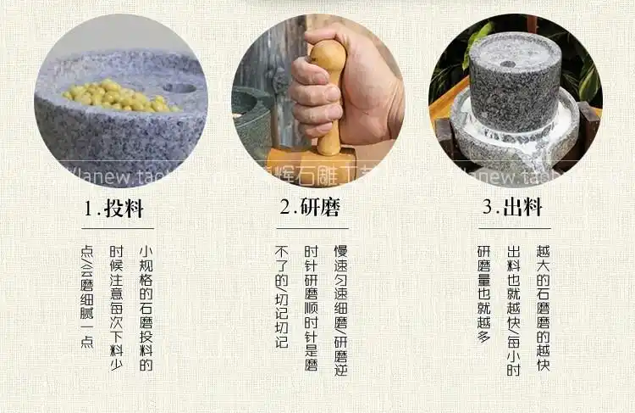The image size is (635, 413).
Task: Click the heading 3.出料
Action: [x=513, y=209]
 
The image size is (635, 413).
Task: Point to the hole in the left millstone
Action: [x=179, y=87]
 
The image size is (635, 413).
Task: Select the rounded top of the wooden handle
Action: [x=328, y=53]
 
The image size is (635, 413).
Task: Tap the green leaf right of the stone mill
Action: [x=588, y=81]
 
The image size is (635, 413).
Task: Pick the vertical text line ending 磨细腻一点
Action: [x=86, y=297]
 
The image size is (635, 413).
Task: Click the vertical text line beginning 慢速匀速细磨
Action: [x=340, y=310]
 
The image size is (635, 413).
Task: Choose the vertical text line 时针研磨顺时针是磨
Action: [x=312, y=310]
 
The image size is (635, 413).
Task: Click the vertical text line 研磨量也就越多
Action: [x=483, y=293]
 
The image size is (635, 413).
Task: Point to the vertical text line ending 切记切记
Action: [x=282, y=297]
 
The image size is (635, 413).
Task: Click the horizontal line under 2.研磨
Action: [x=312, y=228]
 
